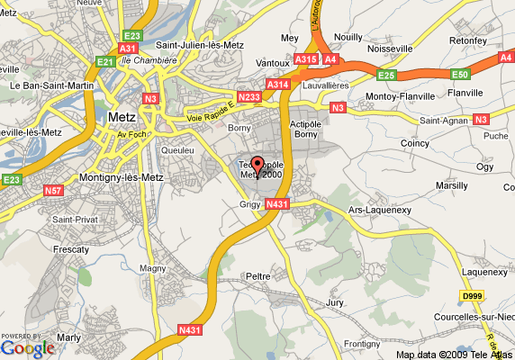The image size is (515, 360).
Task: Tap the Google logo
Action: (27, 347)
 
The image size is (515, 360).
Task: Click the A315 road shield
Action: (305, 59)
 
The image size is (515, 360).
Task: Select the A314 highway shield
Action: (278, 84)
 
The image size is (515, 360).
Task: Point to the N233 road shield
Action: (248, 96)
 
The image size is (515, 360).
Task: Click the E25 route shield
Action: (388, 75)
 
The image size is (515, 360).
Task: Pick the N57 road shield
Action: (54, 190)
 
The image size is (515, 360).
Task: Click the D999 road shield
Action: (472, 295)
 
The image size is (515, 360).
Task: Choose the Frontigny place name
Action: (362, 344)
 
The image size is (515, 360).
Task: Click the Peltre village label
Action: (259, 275)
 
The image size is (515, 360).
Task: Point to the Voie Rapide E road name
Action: (211, 112)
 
